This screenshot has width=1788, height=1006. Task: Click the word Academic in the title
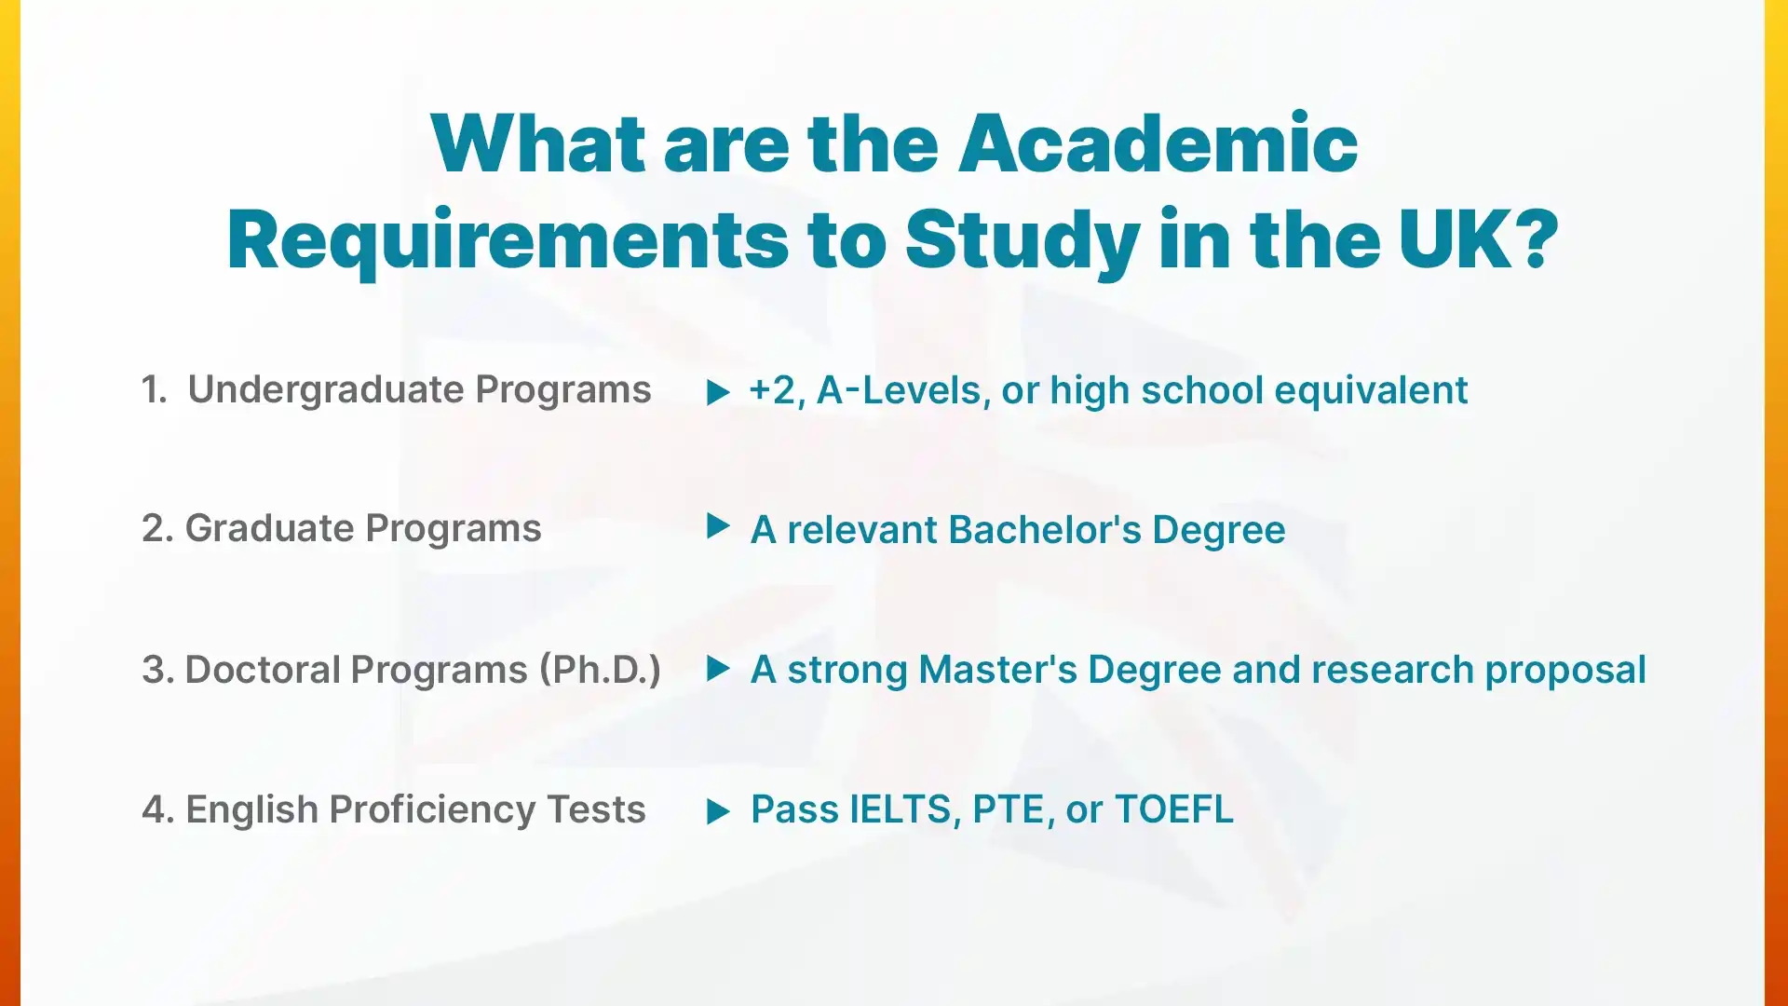pyautogui.click(x=1158, y=144)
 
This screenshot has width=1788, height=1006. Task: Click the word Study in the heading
pyautogui.click(x=1022, y=240)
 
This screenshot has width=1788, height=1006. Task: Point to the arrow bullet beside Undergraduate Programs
pyautogui.click(x=717, y=392)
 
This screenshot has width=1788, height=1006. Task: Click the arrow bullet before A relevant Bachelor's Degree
pyautogui.click(x=717, y=526)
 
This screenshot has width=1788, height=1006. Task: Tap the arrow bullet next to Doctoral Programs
pyautogui.click(x=717, y=668)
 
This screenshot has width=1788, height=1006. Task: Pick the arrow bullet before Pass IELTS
pyautogui.click(x=717, y=811)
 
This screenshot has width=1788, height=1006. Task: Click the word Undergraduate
pyautogui.click(x=325, y=390)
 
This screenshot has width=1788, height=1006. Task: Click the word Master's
pyautogui.click(x=997, y=670)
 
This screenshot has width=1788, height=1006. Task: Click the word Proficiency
pyautogui.click(x=432, y=809)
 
